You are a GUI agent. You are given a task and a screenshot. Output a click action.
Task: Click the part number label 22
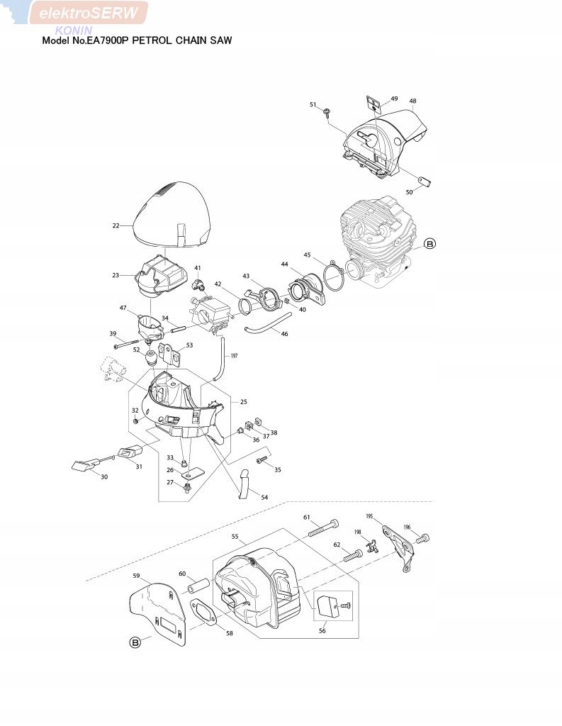click(x=116, y=225)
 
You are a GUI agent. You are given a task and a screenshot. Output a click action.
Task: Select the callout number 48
click(x=412, y=101)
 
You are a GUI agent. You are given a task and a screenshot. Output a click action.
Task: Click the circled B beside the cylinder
click(x=429, y=244)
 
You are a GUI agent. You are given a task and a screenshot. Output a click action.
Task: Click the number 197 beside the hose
click(x=235, y=356)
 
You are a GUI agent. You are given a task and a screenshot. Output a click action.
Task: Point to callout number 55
click(x=235, y=538)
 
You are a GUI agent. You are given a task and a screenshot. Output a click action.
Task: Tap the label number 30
click(x=104, y=476)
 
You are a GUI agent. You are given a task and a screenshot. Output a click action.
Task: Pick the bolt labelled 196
click(x=425, y=539)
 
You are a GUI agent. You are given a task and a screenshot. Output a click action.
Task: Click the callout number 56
click(x=322, y=630)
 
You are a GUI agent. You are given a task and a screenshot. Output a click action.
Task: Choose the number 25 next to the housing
click(x=243, y=401)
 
